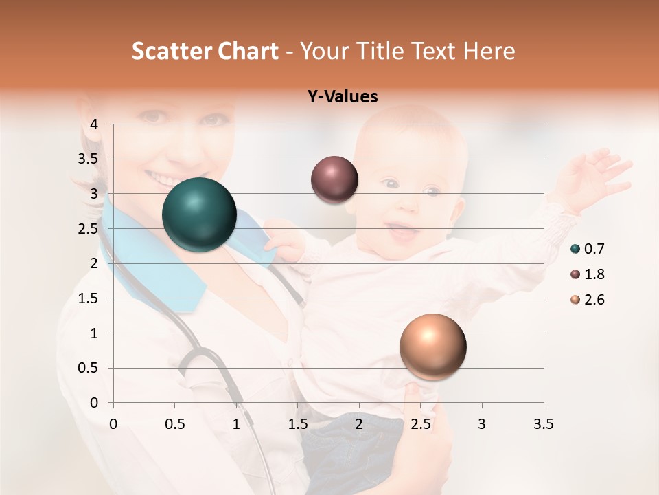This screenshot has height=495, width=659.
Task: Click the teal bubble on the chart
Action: (x=199, y=214)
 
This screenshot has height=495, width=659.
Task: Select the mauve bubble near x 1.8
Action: (x=334, y=180)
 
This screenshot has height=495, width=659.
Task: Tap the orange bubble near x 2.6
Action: (x=432, y=346)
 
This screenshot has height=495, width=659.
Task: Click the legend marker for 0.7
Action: (x=575, y=249)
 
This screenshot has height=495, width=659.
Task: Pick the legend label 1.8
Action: (x=594, y=274)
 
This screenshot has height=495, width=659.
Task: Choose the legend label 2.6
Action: (x=594, y=300)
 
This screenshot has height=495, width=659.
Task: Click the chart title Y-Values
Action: (x=342, y=97)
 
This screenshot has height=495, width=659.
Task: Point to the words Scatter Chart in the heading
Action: (x=205, y=51)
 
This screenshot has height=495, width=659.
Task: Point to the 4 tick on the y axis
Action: (x=95, y=124)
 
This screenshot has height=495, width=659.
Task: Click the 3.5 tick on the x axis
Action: (x=543, y=424)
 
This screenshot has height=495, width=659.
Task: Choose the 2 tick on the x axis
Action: (x=359, y=424)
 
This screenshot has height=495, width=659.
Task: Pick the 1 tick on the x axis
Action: (x=236, y=424)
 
